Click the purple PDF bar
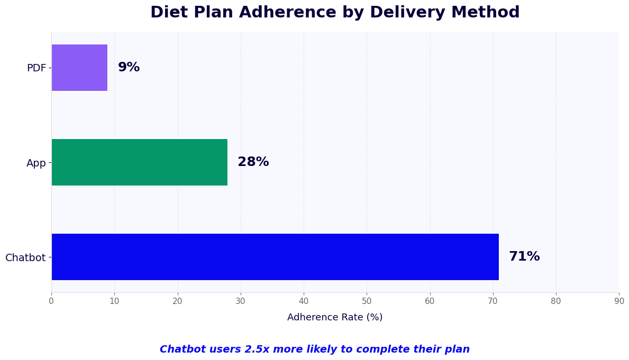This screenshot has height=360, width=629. click(79, 68)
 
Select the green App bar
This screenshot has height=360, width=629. click(139, 162)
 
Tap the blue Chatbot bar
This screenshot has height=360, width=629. click(275, 257)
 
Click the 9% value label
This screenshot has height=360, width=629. click(129, 68)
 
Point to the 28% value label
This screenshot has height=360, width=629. click(253, 162)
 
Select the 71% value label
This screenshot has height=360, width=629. click(524, 257)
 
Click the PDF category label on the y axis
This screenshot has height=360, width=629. click(37, 68)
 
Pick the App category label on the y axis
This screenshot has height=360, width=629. click(36, 163)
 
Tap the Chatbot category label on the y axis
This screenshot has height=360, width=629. click(25, 258)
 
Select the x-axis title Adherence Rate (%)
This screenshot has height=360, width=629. click(335, 317)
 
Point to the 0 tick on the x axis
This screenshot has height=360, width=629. click(51, 301)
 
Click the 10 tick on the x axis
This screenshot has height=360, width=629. click(114, 301)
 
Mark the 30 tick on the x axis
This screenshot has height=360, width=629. click(241, 301)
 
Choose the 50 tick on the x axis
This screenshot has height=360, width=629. click(367, 301)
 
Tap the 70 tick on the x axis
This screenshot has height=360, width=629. click(493, 301)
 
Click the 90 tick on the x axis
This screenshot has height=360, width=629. click(618, 301)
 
